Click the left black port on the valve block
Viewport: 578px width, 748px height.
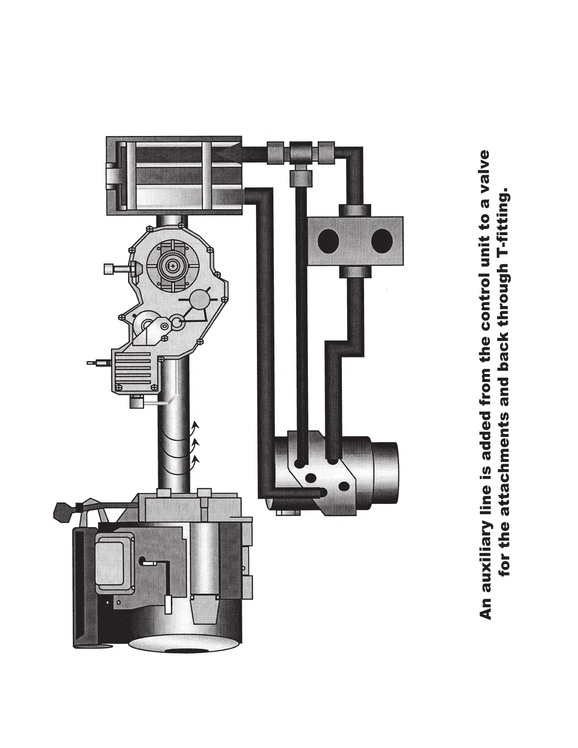(328, 241)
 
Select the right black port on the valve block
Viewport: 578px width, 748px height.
(382, 241)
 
